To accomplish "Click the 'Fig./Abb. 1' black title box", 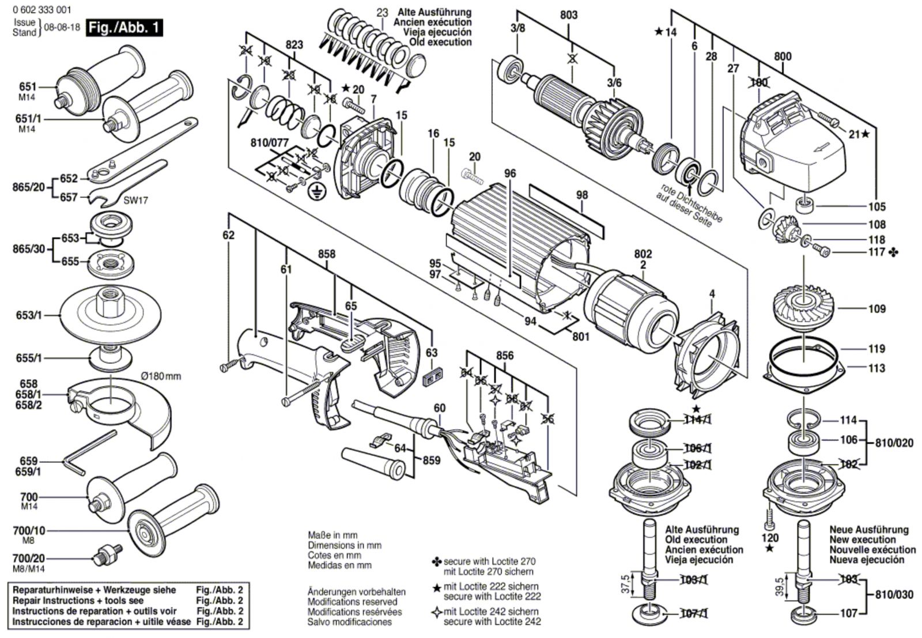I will (124, 28).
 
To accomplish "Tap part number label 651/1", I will (26, 119).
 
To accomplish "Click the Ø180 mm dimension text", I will (161, 376).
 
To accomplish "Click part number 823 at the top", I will (294, 44).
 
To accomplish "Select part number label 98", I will (582, 195).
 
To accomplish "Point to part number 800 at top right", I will (783, 56).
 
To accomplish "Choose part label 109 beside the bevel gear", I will (876, 309).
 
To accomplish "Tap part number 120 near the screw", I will (770, 538).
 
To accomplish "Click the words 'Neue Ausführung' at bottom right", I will (868, 529).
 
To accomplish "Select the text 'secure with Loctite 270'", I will (488, 561).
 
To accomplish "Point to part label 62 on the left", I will (229, 235).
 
